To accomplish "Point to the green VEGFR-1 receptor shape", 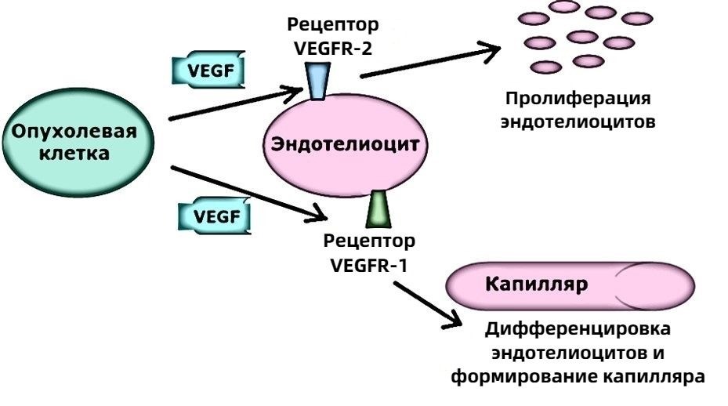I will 378,206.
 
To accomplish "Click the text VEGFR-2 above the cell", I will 333,48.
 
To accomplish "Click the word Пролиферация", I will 578,100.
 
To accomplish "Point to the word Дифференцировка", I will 578,328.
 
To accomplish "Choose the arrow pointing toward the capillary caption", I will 426,302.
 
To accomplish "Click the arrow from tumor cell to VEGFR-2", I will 235,106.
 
